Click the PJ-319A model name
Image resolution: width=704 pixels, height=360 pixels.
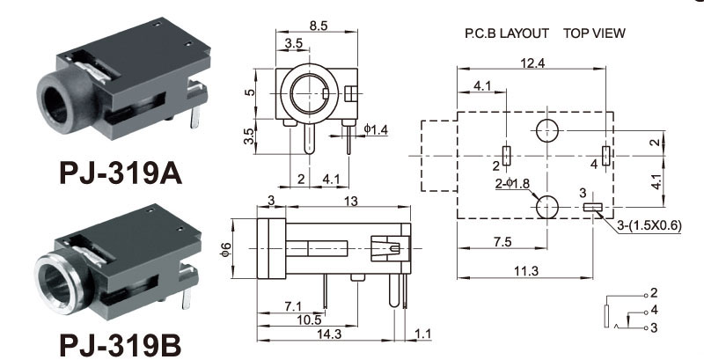(x=121, y=173)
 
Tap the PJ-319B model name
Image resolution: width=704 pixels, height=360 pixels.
(x=121, y=346)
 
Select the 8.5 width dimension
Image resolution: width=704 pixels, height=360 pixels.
(x=318, y=26)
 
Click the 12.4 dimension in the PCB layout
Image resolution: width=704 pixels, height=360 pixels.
(x=532, y=63)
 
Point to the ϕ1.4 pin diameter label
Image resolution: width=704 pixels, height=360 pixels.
(x=376, y=129)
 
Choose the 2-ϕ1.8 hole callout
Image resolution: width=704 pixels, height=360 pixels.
(x=513, y=183)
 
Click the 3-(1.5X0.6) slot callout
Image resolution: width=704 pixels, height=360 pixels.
(x=649, y=227)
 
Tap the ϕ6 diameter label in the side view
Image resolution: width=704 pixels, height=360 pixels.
(x=226, y=250)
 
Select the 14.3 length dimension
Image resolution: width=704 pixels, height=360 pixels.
(x=329, y=334)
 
